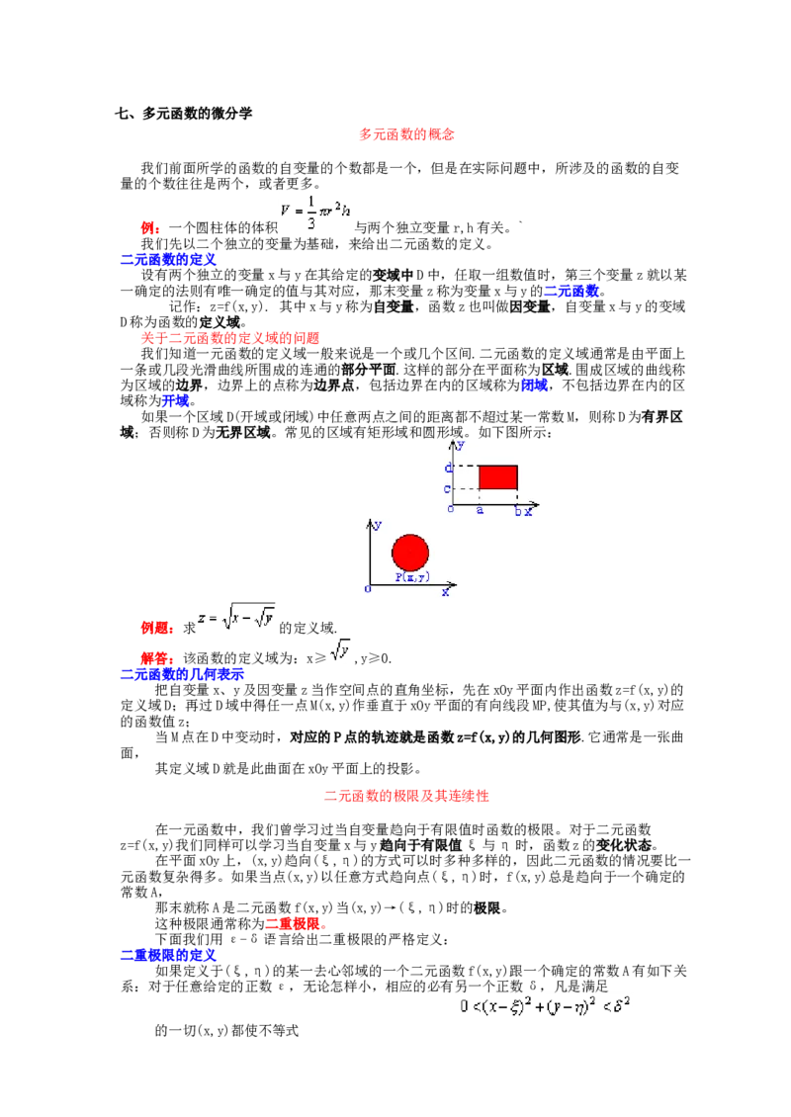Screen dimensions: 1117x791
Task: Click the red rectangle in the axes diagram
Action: click(498, 476)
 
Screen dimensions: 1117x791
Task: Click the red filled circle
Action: click(410, 553)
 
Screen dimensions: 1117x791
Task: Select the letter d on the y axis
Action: click(449, 467)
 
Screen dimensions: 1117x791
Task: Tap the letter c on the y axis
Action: click(449, 488)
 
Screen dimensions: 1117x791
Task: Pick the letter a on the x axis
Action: click(481, 510)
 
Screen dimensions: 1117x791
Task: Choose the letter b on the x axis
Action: click(517, 510)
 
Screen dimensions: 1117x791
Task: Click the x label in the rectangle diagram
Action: click(529, 511)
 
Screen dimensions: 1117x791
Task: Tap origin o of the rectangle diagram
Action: click(450, 509)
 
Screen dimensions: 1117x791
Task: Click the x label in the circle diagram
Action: click(445, 591)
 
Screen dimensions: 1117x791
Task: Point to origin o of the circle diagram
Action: click(367, 589)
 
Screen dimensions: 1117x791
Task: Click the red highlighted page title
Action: click(406, 134)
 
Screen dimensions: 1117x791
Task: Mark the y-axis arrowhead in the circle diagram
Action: click(370, 520)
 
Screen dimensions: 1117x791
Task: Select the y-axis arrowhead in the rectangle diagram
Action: click(454, 442)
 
